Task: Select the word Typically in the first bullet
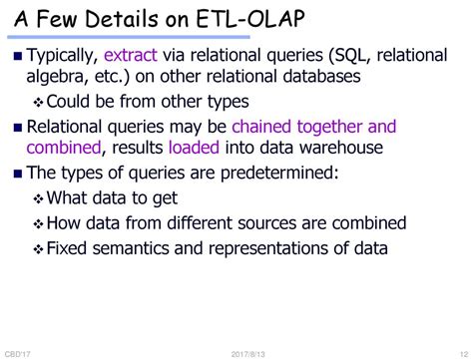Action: point(64,58)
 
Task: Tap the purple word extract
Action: point(134,58)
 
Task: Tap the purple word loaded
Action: point(195,149)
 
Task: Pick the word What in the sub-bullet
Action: point(70,196)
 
